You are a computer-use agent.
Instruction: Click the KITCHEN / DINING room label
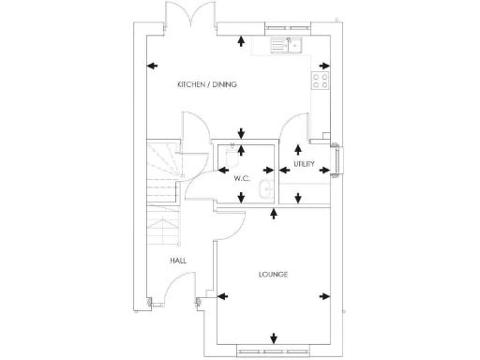click(x=207, y=84)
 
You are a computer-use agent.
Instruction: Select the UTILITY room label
click(x=304, y=164)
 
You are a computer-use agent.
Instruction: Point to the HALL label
click(x=178, y=261)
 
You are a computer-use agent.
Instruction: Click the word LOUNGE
click(x=273, y=274)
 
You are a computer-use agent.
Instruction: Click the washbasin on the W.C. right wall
click(x=265, y=191)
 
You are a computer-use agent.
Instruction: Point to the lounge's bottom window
click(x=273, y=352)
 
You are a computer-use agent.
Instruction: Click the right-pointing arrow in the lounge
click(x=325, y=297)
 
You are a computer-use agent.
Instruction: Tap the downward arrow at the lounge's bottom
click(x=273, y=338)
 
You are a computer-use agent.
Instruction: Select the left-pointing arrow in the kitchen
click(x=153, y=66)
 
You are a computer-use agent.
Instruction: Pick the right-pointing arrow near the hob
click(x=324, y=66)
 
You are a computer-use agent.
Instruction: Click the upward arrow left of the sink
click(x=243, y=40)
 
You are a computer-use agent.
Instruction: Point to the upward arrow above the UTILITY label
click(x=298, y=148)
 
